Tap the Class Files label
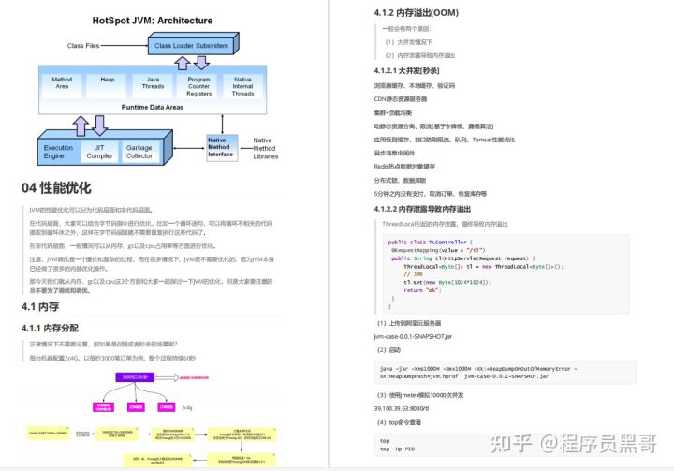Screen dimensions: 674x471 coord(90,45)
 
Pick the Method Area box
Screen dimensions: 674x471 coord(62,85)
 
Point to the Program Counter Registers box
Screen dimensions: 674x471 coord(199,86)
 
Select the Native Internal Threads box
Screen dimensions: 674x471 coord(242,86)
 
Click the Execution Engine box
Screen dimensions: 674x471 coord(58,152)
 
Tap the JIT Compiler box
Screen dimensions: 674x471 coord(100,152)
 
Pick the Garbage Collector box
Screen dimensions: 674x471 coord(139,152)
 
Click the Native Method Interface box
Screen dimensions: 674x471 coord(220,147)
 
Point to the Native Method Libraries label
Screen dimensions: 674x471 coord(264,148)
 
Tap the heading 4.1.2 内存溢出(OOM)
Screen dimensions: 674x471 coord(415,12)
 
